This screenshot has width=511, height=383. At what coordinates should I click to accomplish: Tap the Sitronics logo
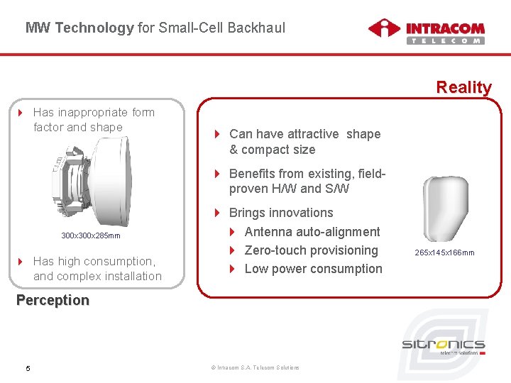click(444, 347)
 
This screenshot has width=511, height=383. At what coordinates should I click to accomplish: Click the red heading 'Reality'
click(463, 87)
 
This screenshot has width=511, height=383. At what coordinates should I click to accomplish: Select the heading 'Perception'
click(53, 300)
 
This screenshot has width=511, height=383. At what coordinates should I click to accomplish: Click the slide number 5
click(28, 367)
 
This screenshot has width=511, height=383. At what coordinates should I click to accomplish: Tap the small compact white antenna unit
click(445, 209)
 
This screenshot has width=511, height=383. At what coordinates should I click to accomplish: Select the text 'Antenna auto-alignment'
click(312, 232)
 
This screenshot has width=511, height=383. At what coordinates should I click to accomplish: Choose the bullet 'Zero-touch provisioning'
click(311, 250)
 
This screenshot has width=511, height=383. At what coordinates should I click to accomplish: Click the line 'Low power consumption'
click(313, 269)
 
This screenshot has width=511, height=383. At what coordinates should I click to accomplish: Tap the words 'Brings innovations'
click(281, 213)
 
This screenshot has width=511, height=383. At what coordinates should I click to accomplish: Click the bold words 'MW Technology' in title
click(79, 28)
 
